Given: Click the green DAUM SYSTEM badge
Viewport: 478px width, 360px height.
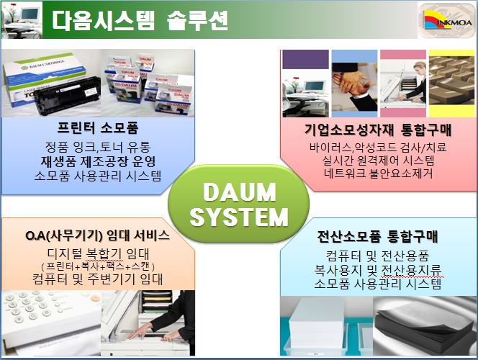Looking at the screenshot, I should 238,204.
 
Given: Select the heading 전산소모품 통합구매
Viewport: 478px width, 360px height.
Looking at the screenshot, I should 378,236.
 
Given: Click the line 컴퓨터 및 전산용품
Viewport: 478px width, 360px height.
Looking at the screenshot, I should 378,256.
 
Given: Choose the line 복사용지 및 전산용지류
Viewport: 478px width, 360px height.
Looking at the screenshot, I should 378,270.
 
